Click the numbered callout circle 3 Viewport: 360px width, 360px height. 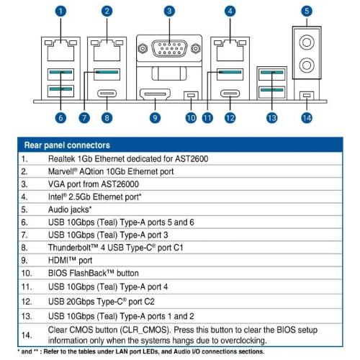tap(169, 11)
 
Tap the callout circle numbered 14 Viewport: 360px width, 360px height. tap(307, 118)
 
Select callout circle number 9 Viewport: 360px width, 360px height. tap(155, 118)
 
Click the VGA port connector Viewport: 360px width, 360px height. tap(169, 49)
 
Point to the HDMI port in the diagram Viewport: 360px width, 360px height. tap(155, 94)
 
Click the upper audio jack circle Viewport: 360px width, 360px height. tap(307, 42)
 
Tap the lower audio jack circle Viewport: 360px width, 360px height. tap(307, 65)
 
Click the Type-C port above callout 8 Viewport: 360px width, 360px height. tap(107, 94)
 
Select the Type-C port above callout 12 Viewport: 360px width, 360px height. tap(230, 94)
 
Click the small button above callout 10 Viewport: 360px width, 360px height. tap(191, 96)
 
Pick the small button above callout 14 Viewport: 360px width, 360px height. tap(307, 96)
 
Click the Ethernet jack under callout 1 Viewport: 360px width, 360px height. tap(60, 50)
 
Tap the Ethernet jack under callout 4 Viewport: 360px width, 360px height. tap(230, 50)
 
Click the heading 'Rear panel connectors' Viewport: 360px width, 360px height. tap(67, 145)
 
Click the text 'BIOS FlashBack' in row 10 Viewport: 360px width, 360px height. tap(77, 273)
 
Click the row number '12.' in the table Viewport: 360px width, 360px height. tap(27, 302)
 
